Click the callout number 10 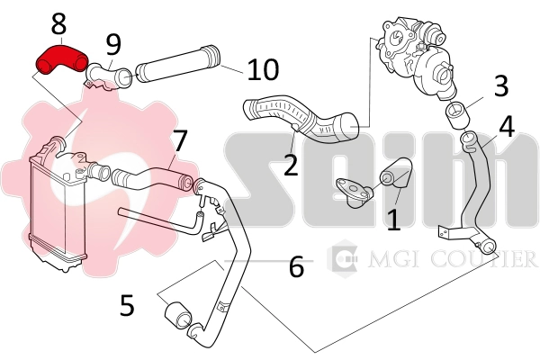(263, 69)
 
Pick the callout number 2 (290, 165)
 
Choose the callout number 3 (501, 85)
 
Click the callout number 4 (507, 125)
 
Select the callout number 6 (296, 266)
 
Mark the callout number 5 (127, 304)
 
